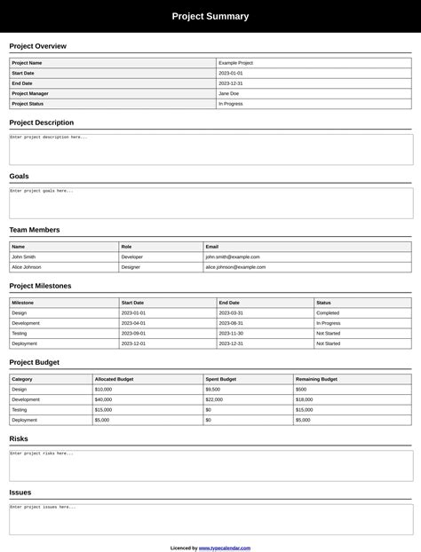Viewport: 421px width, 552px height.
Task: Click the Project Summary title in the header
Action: (x=210, y=16)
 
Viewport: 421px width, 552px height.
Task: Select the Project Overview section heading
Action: (x=37, y=46)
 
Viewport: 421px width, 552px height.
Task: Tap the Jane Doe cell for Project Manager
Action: (x=228, y=93)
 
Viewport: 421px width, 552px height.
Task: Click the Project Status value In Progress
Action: (x=231, y=103)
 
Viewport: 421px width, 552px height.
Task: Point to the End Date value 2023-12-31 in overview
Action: (x=231, y=83)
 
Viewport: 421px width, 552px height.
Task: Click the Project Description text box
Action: (x=210, y=149)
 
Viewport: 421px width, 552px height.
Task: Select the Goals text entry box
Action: (x=210, y=203)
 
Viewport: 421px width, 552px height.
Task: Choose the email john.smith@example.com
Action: (x=233, y=256)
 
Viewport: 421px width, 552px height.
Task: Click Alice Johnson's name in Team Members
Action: (x=27, y=266)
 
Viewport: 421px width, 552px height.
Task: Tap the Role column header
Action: (x=127, y=247)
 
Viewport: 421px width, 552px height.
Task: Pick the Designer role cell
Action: (x=131, y=266)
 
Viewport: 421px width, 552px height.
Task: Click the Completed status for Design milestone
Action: (x=328, y=312)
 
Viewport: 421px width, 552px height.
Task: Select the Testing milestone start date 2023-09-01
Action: (x=133, y=333)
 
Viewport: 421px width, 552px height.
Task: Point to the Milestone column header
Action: (x=23, y=303)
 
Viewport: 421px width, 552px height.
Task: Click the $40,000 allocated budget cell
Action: (x=103, y=399)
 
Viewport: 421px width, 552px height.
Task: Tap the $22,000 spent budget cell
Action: (x=214, y=399)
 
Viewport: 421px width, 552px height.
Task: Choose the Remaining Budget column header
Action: (x=316, y=379)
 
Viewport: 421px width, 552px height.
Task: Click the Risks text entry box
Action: (x=210, y=465)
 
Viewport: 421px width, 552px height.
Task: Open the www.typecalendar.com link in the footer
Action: (x=225, y=548)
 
